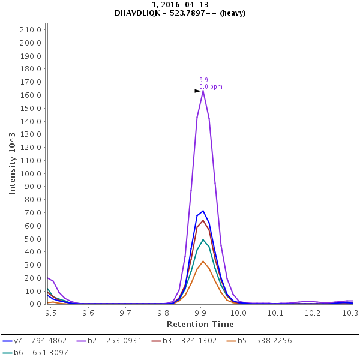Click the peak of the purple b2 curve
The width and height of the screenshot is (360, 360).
pos(203,91)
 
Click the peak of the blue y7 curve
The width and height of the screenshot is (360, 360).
pos(203,211)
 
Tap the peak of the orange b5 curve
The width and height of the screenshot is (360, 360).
pos(203,261)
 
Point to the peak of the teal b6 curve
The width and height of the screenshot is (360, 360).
pos(203,239)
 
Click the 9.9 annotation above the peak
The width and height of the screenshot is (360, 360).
pos(203,80)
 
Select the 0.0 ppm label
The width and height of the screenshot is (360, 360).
pos(211,86)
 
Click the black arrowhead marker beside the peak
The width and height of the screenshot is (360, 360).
pos(197,91)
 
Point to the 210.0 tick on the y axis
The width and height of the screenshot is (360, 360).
pos(31,29)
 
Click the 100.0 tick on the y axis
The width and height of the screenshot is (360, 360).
pos(31,173)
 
